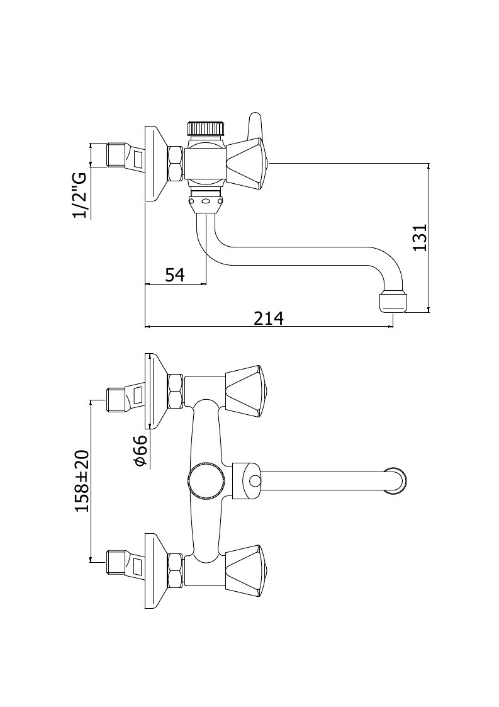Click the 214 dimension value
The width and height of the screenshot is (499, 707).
(269, 318)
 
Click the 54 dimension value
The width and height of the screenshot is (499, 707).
(175, 274)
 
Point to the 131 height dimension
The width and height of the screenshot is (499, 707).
(419, 237)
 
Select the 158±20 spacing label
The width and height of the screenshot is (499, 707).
(82, 480)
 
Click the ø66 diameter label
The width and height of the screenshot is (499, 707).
(141, 450)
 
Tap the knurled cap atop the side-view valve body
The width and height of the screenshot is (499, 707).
(205, 128)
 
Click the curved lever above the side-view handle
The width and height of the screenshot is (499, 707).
(255, 125)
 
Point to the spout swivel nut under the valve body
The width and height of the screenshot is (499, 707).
(206, 204)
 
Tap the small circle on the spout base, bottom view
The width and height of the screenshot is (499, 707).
(254, 482)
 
